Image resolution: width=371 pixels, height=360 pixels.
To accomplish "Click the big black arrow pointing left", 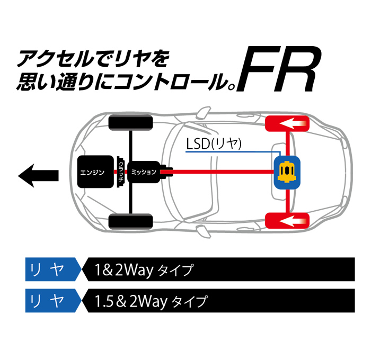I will pos(37,173).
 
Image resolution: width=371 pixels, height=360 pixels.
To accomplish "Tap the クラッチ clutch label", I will pos(120,173).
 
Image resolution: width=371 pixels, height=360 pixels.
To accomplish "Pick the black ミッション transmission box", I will pos(143,172).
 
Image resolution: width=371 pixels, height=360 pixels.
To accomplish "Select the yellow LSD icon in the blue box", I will pos(287,172).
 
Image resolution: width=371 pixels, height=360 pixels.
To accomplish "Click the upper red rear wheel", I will pos(287,124).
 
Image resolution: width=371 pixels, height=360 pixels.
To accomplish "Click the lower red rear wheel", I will pos(287,220).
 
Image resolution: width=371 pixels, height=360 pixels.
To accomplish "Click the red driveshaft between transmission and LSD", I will pos(223,172).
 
